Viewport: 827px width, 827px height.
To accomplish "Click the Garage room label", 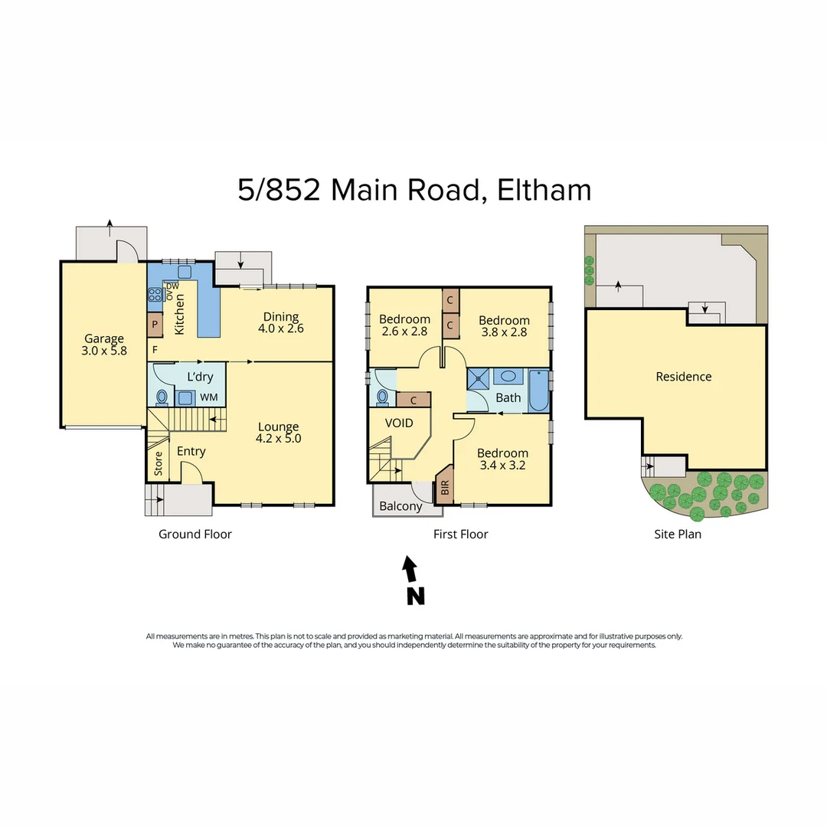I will pyautogui.click(x=104, y=339).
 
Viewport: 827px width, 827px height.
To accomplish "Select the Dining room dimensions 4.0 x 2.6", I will pyautogui.click(x=281, y=330).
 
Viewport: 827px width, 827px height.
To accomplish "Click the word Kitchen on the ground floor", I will pyautogui.click(x=180, y=314).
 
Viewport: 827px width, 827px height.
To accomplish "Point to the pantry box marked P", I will pyautogui.click(x=155, y=325).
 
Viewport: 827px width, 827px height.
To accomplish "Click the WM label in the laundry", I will pyautogui.click(x=208, y=397).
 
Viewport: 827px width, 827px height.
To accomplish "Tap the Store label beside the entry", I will pyautogui.click(x=159, y=464).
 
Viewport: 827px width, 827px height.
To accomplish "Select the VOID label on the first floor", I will pyautogui.click(x=399, y=423).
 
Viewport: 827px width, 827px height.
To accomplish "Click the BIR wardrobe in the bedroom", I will pyautogui.click(x=445, y=488).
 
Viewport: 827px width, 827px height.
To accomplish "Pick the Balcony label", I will pyautogui.click(x=400, y=506).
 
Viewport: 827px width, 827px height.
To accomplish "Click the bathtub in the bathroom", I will pyautogui.click(x=538, y=392).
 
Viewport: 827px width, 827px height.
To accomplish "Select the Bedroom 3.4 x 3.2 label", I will pyautogui.click(x=502, y=459).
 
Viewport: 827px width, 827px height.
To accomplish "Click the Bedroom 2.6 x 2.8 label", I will pyautogui.click(x=404, y=325).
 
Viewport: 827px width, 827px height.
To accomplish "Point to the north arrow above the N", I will pyautogui.click(x=411, y=568).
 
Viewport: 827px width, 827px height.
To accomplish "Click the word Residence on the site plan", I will pyautogui.click(x=684, y=377).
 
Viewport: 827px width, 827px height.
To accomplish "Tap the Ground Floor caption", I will pyautogui.click(x=195, y=534).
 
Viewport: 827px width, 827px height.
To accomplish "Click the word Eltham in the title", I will pyautogui.click(x=544, y=190).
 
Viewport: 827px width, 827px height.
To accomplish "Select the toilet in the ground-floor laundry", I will pyautogui.click(x=162, y=397).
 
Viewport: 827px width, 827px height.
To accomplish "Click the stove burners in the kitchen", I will pyautogui.click(x=153, y=294).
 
